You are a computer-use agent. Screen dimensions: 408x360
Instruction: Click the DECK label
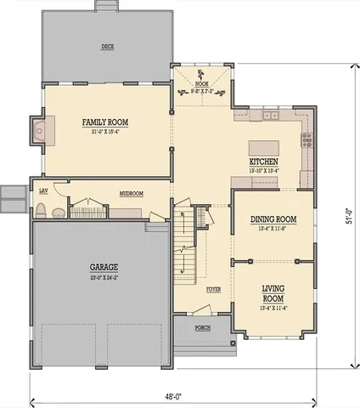(108, 46)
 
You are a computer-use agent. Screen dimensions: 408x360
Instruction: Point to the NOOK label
(202, 84)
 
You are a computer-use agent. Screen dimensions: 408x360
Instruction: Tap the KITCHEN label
(263, 161)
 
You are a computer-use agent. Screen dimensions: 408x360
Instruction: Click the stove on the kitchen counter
(308, 134)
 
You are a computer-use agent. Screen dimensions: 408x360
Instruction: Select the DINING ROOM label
(273, 219)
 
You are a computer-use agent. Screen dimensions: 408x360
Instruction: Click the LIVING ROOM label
(272, 293)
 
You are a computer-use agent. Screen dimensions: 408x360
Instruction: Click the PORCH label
(203, 326)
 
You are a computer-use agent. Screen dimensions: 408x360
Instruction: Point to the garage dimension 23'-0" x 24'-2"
(104, 276)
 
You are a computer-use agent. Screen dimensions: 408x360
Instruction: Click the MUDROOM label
(131, 194)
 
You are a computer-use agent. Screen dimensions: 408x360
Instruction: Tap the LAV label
(42, 190)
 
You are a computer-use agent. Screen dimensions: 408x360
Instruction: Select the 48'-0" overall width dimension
(172, 394)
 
